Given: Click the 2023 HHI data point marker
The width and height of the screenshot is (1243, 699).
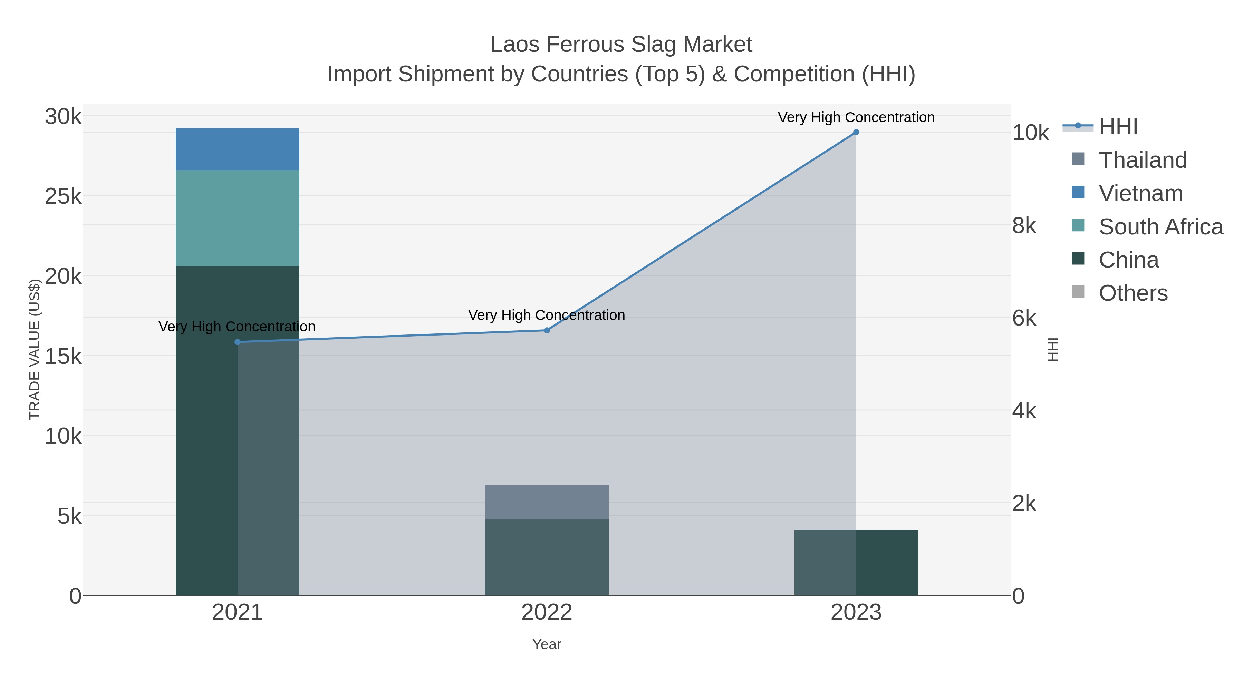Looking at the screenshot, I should click(x=856, y=132).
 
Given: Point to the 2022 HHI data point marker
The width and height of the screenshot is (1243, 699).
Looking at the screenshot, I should click(x=547, y=330).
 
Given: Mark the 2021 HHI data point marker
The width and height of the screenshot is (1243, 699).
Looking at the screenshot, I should click(x=238, y=342).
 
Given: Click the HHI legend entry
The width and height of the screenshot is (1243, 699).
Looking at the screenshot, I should click(x=1118, y=127).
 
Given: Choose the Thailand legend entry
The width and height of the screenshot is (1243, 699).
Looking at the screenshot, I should click(x=1143, y=160).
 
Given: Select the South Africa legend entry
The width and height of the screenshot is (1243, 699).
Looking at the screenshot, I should click(x=1160, y=227).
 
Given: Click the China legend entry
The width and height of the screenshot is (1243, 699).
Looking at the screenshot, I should click(x=1128, y=260).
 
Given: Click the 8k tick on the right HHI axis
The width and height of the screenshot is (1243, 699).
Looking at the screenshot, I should click(x=1024, y=226).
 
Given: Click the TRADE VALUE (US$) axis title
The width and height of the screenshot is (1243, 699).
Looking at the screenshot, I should click(x=35, y=349).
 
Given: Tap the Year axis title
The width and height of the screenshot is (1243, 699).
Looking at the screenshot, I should click(x=547, y=644).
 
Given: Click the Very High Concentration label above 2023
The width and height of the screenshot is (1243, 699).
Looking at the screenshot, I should click(x=856, y=118).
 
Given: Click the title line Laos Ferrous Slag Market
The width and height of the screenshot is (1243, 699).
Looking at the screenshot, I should click(x=621, y=45).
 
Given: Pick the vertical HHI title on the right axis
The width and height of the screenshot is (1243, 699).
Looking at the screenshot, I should click(x=1053, y=349).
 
